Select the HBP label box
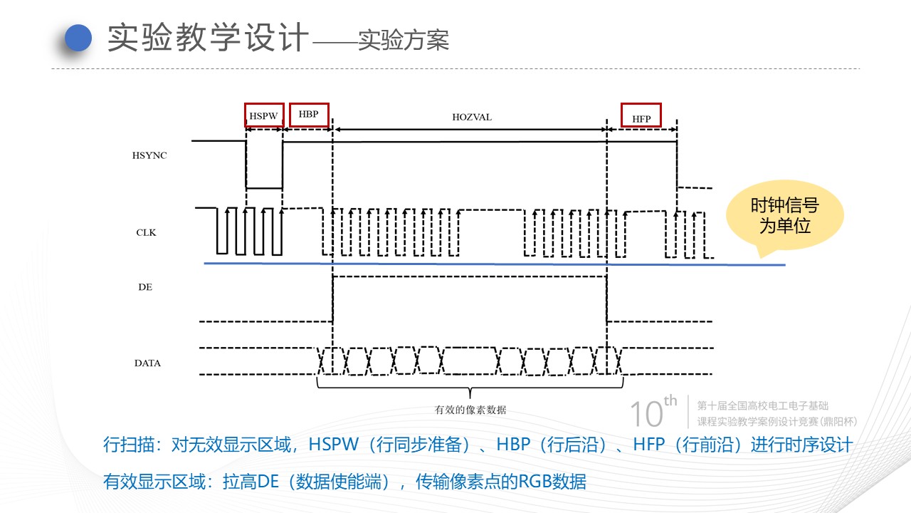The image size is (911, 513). [x=309, y=114]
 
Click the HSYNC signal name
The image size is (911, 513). [x=149, y=155]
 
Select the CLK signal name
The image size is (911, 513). [x=146, y=232]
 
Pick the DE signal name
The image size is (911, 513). [x=145, y=287]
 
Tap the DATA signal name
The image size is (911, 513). [x=147, y=363]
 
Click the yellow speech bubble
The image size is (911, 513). [x=784, y=217]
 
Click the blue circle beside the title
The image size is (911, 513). [x=79, y=38]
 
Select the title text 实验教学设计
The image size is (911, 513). [x=208, y=38]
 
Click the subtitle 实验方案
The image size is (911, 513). [x=404, y=41]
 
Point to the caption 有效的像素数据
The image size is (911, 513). [x=470, y=410]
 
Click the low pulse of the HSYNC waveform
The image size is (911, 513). [x=264, y=187]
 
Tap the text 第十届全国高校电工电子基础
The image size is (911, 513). [x=763, y=405]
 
